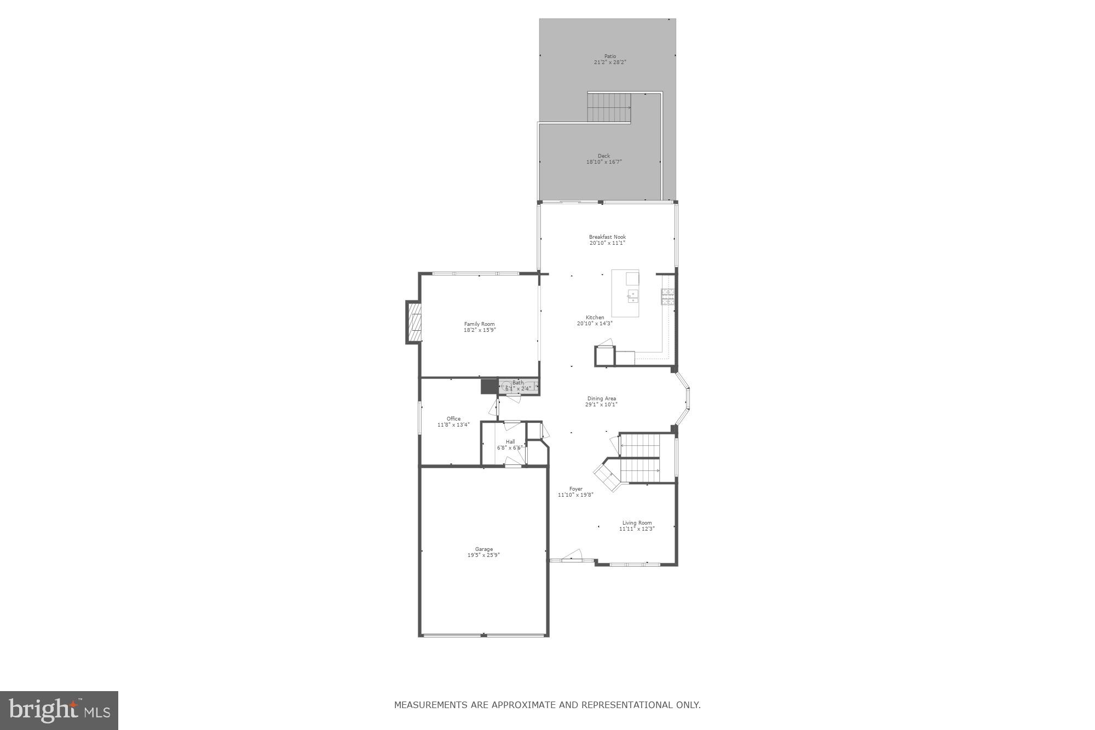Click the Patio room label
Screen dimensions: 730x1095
click(x=610, y=56)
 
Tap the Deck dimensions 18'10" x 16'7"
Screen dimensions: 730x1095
click(x=604, y=162)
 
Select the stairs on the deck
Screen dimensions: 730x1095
click(x=609, y=107)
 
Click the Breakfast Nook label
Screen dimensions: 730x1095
click(x=607, y=237)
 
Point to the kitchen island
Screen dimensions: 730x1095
click(x=625, y=294)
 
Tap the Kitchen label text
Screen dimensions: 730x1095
click(x=595, y=318)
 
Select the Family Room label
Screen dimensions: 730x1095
click(x=479, y=324)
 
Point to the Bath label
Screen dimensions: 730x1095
click(x=517, y=383)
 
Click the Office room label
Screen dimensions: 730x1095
click(x=453, y=419)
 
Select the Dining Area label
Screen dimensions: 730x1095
click(x=601, y=399)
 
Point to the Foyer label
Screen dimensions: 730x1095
click(x=575, y=489)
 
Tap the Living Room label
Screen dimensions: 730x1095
click(x=637, y=523)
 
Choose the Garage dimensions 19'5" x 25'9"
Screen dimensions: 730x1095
click(x=483, y=555)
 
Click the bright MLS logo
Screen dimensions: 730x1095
click(x=59, y=710)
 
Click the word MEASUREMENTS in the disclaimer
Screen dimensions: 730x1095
click(x=430, y=705)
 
